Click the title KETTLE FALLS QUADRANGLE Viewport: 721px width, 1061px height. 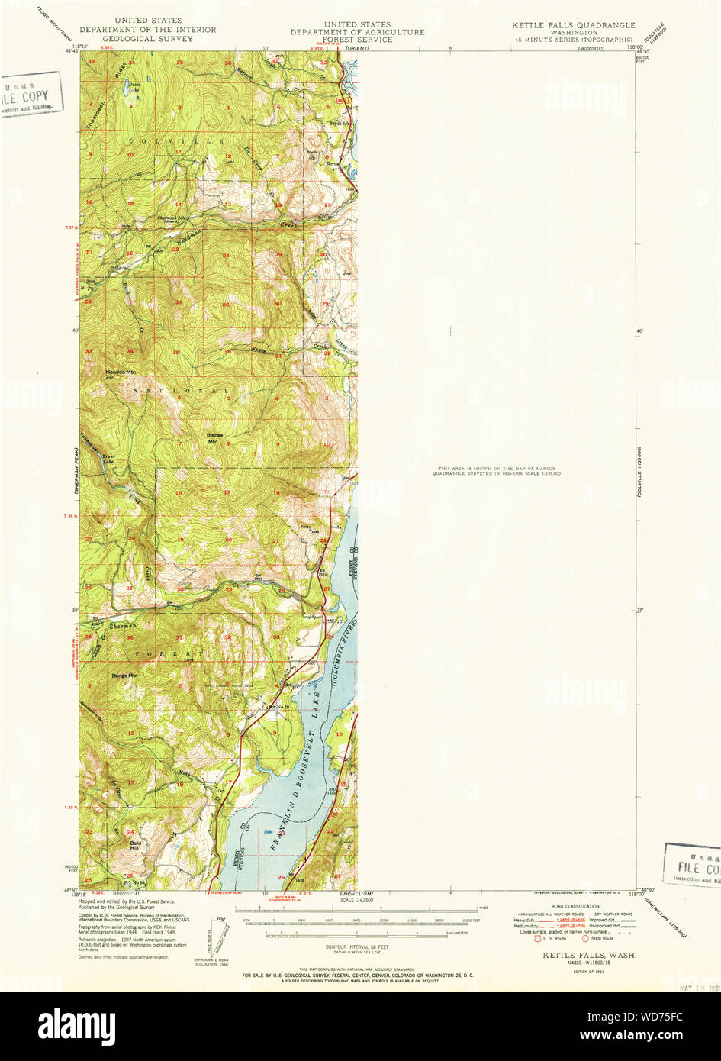573,25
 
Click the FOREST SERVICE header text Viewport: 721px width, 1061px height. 357,40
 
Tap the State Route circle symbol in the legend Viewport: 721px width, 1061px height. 586,938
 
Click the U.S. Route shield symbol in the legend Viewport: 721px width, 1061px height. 538,938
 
